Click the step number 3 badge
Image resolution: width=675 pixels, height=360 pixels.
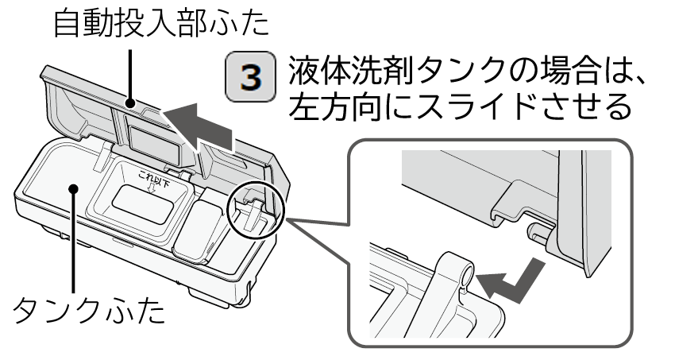coord(250,76)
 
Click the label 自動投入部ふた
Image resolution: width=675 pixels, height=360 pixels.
coord(161,25)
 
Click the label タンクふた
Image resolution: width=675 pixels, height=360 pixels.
coord(89,310)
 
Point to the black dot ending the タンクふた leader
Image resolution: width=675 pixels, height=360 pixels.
coord(74,188)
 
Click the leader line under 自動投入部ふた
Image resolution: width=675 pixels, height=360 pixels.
coord(130,76)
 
